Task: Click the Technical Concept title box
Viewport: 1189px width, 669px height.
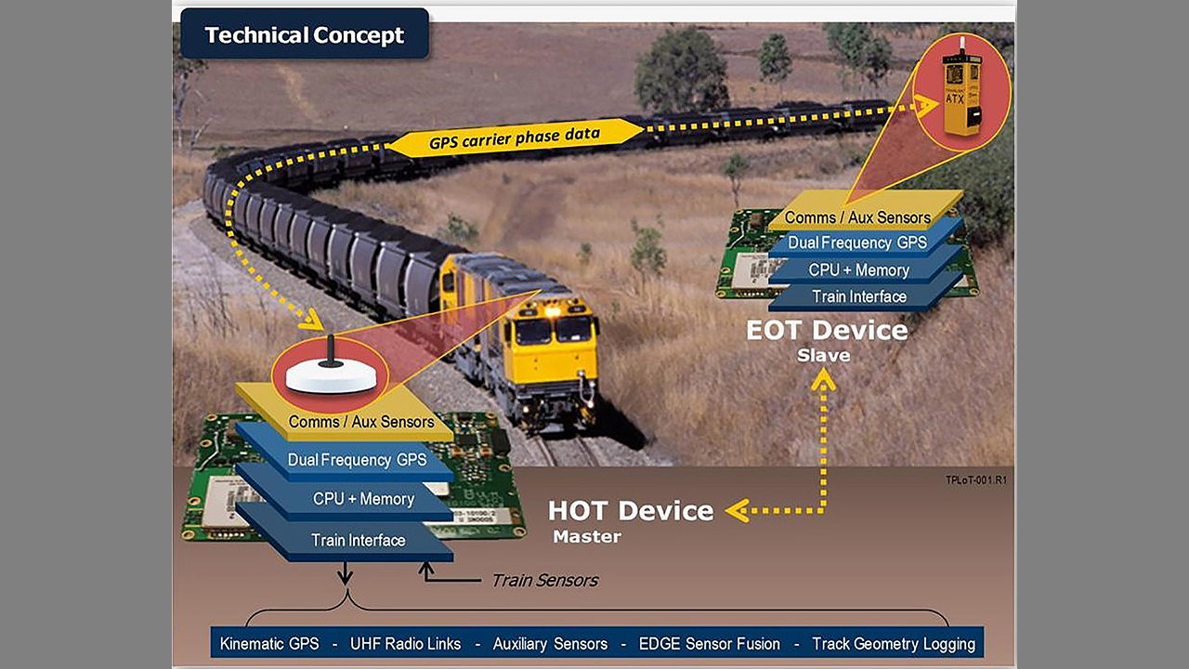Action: coord(304,35)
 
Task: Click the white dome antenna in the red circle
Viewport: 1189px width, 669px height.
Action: coord(331,375)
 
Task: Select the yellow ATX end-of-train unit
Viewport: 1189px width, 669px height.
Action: coord(960,95)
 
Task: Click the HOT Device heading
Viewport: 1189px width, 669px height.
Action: coord(631,510)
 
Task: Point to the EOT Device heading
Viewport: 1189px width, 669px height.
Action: coord(827,330)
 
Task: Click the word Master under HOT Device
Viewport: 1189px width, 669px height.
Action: coord(586,536)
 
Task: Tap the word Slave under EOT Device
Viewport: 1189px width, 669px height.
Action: coord(823,355)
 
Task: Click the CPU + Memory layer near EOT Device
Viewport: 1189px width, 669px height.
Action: coord(858,269)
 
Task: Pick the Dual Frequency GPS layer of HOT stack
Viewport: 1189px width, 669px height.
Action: coord(357,459)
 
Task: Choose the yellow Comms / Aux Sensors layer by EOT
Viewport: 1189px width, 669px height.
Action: coord(856,217)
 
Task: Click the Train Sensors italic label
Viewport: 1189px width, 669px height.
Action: coord(544,581)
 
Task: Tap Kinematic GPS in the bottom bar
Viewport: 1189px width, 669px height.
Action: coord(268,643)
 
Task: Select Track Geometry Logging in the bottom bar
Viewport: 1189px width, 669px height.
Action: coord(893,643)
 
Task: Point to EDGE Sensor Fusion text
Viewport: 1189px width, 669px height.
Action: coord(709,643)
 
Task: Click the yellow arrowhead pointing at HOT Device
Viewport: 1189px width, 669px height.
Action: coord(737,510)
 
